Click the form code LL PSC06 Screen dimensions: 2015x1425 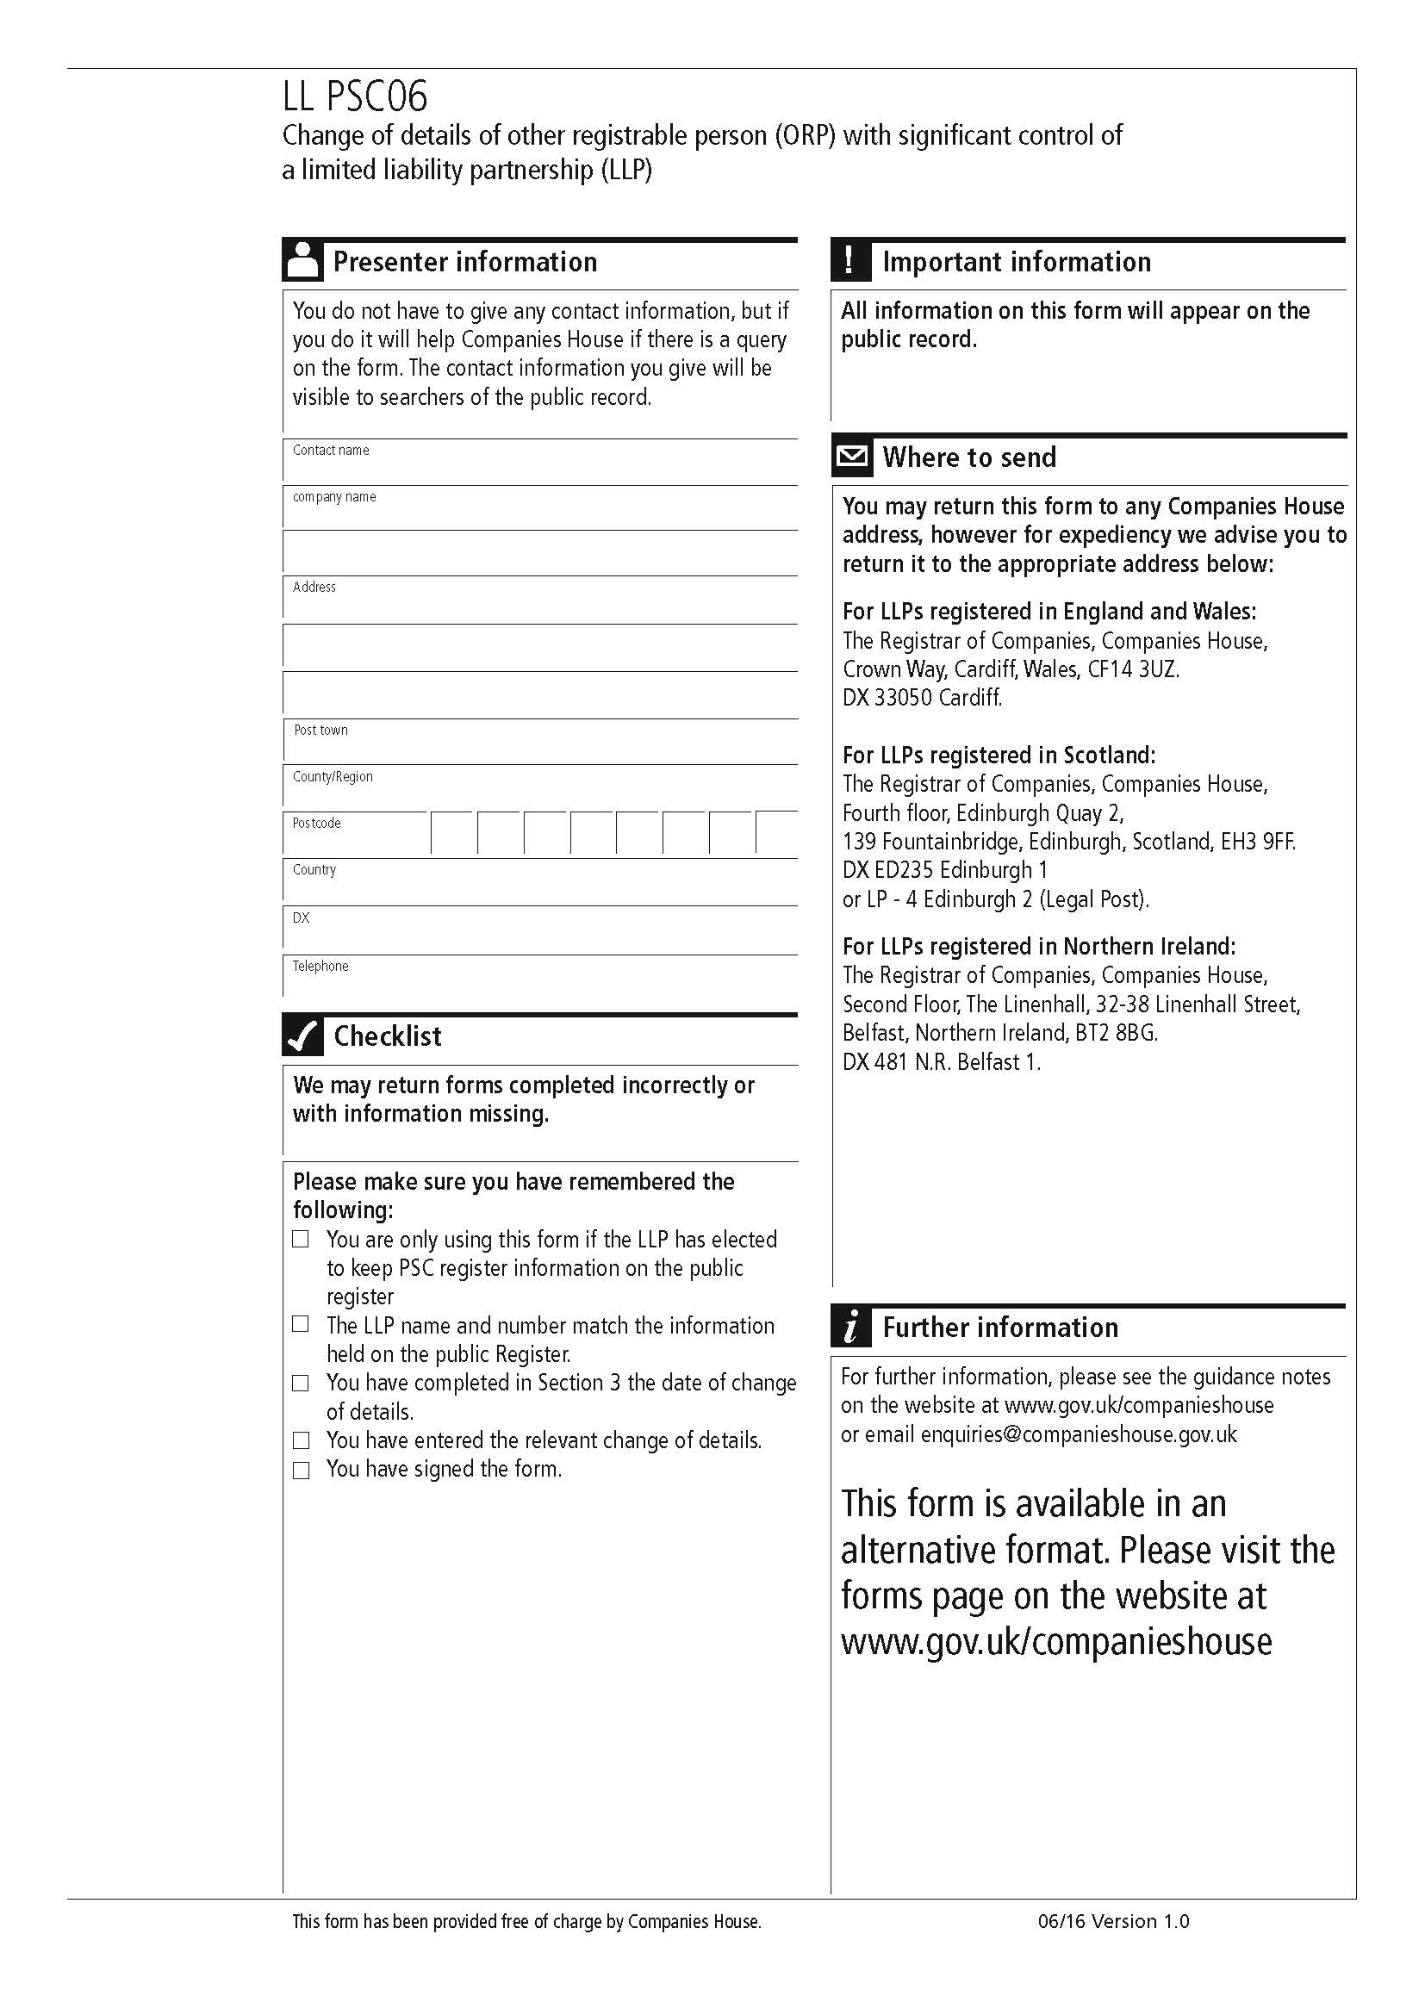[354, 96]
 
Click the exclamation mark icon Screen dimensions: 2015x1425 [850, 261]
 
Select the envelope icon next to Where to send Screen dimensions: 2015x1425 [851, 457]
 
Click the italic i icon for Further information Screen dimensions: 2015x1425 [850, 1327]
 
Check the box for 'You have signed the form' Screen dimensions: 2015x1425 [301, 1470]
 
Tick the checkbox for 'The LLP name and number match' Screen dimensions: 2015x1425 [301, 1324]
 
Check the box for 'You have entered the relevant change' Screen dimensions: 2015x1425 [301, 1440]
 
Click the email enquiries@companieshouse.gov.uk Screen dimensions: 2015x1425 [1079, 1434]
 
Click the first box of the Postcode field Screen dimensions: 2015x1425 [453, 834]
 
